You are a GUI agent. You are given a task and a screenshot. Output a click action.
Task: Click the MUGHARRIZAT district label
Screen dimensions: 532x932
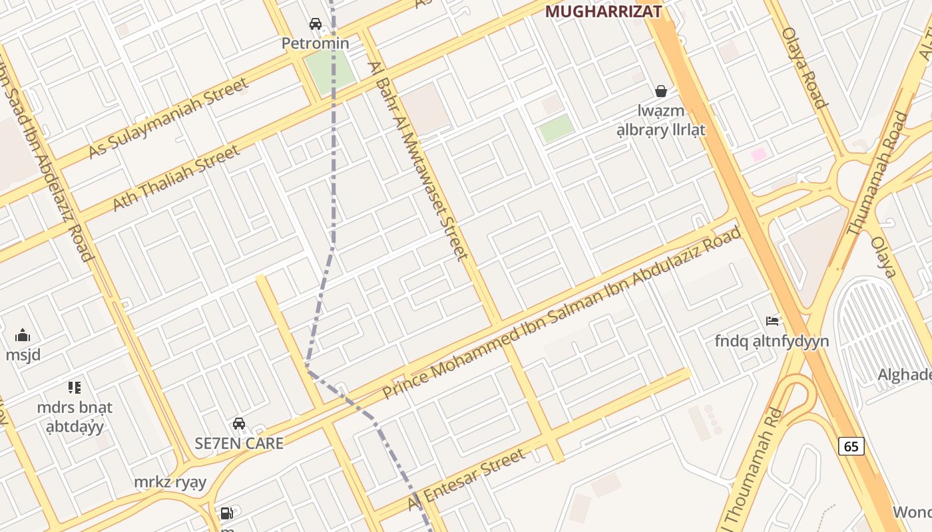click(603, 11)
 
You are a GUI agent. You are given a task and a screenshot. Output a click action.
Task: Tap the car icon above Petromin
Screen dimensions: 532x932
click(316, 25)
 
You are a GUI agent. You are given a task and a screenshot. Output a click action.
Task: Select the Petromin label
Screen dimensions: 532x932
click(315, 43)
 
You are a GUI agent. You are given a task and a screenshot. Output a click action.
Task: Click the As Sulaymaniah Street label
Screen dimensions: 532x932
click(168, 118)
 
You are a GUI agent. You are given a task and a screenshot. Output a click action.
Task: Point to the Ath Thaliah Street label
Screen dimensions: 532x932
click(176, 178)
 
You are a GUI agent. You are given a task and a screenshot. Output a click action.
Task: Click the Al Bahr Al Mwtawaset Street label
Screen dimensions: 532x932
click(418, 160)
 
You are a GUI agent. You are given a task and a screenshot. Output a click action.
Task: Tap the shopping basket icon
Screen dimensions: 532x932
click(661, 91)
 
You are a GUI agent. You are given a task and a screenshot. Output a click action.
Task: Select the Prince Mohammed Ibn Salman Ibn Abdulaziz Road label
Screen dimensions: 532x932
click(563, 313)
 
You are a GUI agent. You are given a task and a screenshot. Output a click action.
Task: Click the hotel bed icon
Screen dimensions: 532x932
click(772, 321)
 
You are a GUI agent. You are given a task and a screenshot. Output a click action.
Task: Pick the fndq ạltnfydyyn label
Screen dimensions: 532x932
click(772, 341)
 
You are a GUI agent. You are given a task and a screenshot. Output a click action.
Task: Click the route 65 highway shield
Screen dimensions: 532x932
click(851, 446)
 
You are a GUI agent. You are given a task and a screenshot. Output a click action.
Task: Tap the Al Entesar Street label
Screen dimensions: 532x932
click(466, 481)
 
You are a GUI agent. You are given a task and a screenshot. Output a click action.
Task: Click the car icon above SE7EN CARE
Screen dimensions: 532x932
click(239, 424)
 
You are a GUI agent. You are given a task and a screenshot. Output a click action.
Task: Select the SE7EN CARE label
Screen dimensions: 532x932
click(239, 443)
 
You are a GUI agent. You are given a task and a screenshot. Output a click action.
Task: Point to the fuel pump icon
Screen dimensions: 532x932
click(227, 513)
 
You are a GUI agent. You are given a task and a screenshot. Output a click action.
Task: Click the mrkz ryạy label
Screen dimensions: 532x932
click(170, 482)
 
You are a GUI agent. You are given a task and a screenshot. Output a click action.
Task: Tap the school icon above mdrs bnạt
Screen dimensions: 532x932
click(75, 388)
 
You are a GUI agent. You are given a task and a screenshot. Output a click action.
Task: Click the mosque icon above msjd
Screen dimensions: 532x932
click(23, 335)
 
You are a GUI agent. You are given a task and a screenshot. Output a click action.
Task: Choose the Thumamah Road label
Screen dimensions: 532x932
click(877, 174)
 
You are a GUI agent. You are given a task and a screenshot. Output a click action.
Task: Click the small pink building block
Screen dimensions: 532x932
click(758, 154)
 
